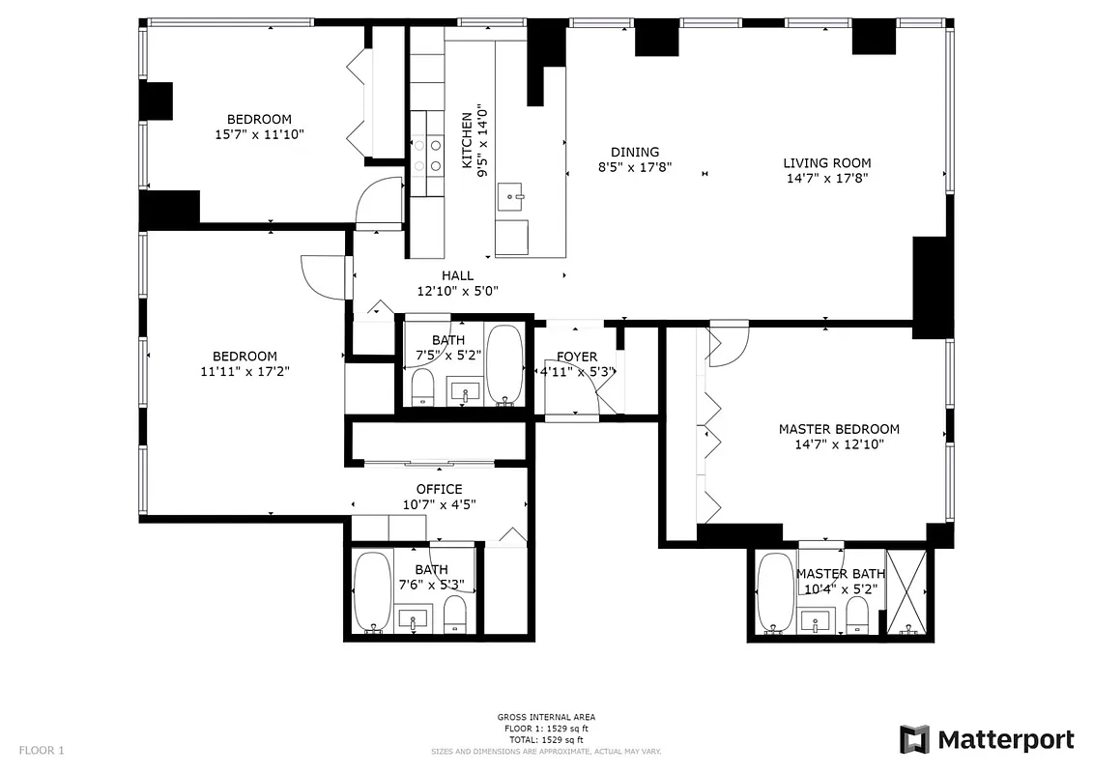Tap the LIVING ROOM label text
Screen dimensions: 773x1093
826,163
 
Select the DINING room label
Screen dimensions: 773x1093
635,152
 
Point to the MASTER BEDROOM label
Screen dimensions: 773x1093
839,429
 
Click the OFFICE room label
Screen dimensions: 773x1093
439,489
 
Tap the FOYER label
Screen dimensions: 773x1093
576,357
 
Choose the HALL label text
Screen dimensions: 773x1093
457,275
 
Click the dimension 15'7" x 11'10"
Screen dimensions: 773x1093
259,135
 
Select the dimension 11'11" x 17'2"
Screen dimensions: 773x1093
244,370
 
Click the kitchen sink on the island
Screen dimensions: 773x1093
511,199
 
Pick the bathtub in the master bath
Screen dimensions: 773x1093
774,592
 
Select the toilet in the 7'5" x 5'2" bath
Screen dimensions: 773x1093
422,387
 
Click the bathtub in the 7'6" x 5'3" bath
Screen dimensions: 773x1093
372,590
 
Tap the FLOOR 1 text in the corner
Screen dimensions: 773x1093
42,750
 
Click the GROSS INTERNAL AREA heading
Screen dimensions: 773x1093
546,717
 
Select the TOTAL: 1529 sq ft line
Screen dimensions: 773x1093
546,738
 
